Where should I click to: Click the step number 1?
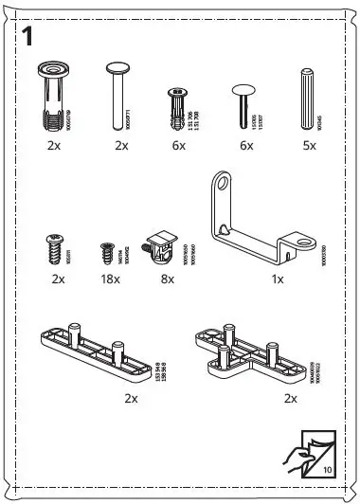tap(28, 39)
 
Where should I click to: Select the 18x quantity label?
tap(108, 280)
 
